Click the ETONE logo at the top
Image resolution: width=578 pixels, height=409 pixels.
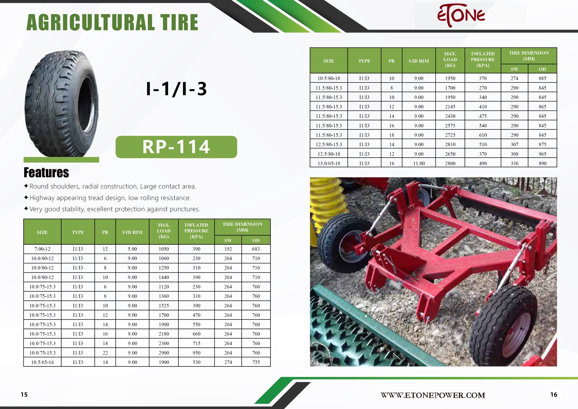click(x=461, y=15)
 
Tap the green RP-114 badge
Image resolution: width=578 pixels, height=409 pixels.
click(x=176, y=147)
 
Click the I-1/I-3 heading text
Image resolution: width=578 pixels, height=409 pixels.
click(x=176, y=89)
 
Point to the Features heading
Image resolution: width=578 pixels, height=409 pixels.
click(x=46, y=173)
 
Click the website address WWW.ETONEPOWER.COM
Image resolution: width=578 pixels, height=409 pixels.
click(x=433, y=395)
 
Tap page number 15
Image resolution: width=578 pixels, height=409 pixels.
click(x=24, y=394)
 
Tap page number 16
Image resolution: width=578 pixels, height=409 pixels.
click(x=554, y=394)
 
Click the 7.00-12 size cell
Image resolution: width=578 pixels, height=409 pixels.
click(x=43, y=249)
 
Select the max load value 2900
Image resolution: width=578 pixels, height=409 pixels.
click(x=164, y=353)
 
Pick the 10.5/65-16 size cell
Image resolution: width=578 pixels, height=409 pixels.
click(x=43, y=362)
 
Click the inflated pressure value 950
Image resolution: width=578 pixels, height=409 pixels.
click(x=196, y=353)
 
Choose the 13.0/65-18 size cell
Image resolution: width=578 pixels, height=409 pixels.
click(x=329, y=163)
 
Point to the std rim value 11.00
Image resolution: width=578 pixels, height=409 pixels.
click(x=419, y=163)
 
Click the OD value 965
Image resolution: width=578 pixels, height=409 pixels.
click(x=542, y=154)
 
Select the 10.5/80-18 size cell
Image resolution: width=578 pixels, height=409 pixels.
click(x=329, y=79)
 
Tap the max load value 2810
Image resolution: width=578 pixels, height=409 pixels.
click(x=450, y=144)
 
